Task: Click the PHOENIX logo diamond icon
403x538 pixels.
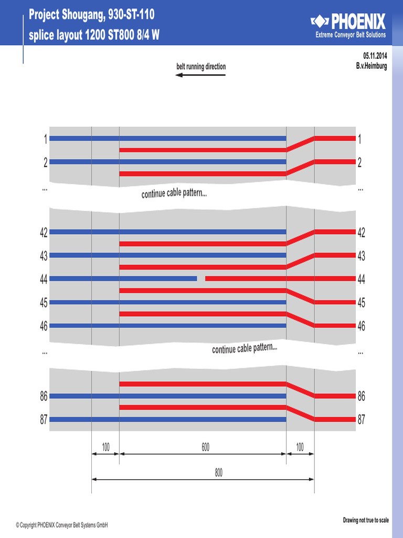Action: point(320,21)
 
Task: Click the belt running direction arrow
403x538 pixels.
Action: point(200,75)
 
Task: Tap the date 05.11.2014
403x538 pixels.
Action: point(375,56)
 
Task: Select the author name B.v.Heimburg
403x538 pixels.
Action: point(372,66)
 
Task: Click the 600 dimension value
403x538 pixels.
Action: point(205,447)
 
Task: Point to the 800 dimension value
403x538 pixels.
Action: point(219,472)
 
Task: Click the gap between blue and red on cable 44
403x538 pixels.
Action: point(201,278)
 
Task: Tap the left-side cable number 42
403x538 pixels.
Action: point(44,232)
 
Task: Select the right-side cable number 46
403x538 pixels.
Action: point(361,326)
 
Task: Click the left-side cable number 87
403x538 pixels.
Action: point(44,419)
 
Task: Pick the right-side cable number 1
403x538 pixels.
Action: point(359,139)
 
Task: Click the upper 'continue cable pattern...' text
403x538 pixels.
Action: point(174,193)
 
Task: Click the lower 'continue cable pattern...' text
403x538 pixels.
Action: point(245,348)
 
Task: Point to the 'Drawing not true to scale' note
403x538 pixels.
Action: point(366,520)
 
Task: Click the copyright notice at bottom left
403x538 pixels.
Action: point(62,525)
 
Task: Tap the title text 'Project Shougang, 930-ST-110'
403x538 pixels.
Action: point(91,14)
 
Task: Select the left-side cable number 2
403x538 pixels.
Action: point(45,162)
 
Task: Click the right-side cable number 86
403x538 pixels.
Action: point(361,396)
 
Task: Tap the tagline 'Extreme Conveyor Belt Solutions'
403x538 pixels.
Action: point(351,35)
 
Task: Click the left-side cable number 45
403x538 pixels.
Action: point(44,303)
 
